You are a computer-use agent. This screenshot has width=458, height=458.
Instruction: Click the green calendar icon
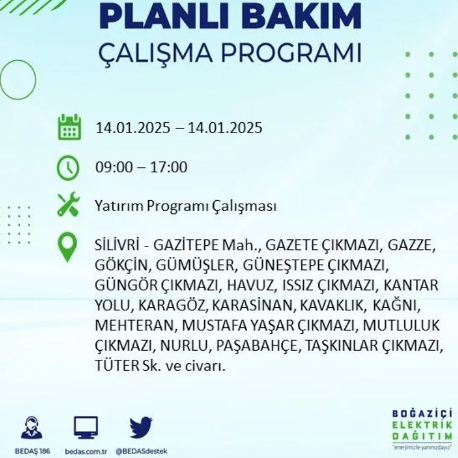(x=69, y=127)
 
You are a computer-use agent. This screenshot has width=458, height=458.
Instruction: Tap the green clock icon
(x=67, y=168)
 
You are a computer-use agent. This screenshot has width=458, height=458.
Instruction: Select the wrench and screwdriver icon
(x=68, y=204)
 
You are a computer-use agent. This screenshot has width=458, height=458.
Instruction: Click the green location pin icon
(x=67, y=247)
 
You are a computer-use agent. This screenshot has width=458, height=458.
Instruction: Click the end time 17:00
(x=169, y=168)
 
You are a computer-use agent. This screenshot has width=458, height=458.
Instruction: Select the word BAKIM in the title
(x=306, y=16)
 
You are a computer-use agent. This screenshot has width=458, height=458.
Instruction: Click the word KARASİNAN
(x=252, y=306)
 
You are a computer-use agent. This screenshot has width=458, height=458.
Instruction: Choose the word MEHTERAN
(x=134, y=325)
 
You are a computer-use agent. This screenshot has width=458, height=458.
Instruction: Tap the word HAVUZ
(x=250, y=286)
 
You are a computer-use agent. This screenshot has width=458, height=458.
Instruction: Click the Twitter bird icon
(x=141, y=427)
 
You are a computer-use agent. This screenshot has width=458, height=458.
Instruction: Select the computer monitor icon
(x=86, y=428)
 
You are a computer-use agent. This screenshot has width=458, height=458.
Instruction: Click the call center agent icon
(x=31, y=428)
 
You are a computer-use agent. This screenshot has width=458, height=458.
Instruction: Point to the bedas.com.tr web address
(x=86, y=451)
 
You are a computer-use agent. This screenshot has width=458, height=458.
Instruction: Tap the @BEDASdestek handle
(x=142, y=451)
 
